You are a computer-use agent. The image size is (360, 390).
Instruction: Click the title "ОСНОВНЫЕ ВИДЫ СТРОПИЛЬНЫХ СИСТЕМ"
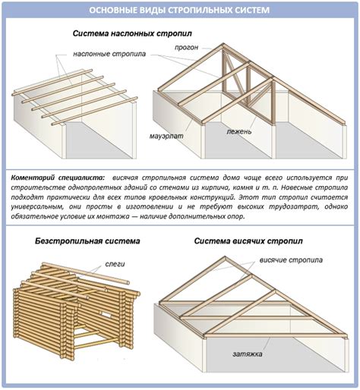(x=179, y=10)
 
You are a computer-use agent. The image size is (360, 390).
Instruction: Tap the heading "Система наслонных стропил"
(x=132, y=33)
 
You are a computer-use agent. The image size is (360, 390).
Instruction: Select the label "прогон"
(x=186, y=47)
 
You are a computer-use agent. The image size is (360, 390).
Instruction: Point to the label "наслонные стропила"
(x=109, y=54)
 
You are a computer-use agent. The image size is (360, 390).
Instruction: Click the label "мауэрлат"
(x=166, y=136)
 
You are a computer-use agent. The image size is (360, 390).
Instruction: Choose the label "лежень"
(x=239, y=131)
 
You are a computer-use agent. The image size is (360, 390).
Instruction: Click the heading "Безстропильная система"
(x=87, y=241)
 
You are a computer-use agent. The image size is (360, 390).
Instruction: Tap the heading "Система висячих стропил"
(x=248, y=241)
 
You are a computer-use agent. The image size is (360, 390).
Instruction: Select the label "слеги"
(x=115, y=264)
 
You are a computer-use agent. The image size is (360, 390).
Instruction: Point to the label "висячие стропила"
(x=291, y=260)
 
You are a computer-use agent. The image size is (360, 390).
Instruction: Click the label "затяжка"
(x=248, y=354)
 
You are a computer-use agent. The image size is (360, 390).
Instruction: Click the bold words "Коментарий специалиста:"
(x=58, y=178)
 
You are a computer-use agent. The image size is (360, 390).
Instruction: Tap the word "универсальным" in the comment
(x=36, y=206)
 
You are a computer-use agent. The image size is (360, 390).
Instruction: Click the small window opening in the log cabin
(x=106, y=315)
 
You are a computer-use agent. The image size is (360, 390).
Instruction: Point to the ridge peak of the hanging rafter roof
(x=225, y=257)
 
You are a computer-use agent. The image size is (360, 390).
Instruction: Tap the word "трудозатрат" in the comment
(x=291, y=206)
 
